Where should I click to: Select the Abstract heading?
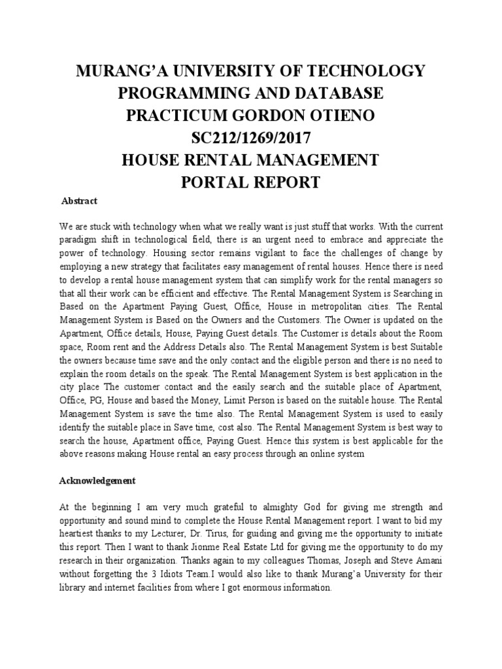[x=79, y=201]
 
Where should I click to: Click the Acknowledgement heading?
[x=97, y=480]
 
